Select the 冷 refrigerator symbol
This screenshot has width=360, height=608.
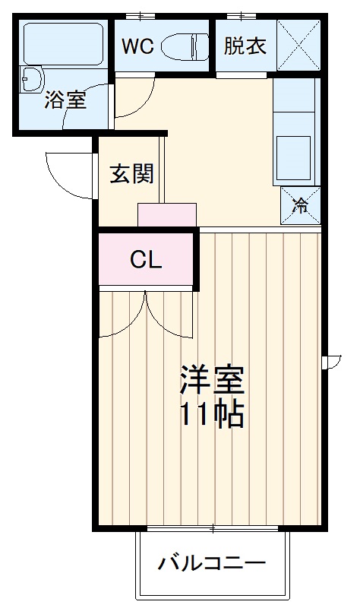point(301,204)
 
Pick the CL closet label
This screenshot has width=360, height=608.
point(145,261)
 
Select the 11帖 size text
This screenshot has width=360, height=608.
point(212,414)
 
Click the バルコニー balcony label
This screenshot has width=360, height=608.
point(212,564)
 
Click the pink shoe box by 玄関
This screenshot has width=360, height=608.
point(167,215)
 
